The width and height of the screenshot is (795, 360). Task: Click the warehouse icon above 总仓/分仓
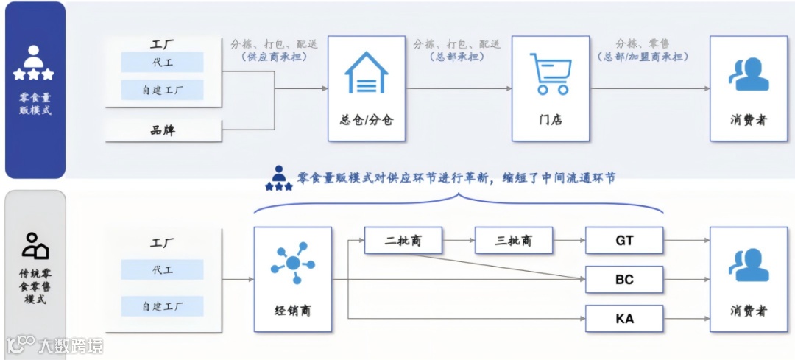367,73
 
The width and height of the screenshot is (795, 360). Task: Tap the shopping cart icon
551,73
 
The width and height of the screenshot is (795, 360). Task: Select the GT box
624,240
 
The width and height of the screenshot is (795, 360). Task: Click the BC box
624,280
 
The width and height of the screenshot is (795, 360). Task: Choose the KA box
624,319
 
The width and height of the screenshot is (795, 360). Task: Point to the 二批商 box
403,240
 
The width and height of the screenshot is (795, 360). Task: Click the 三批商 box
514,240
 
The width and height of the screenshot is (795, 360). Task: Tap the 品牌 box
163,131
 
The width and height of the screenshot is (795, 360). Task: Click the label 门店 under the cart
551,119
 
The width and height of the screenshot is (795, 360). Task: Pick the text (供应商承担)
274,57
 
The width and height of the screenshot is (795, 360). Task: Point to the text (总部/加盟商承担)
643,57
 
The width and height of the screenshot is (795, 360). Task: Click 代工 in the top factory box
163,63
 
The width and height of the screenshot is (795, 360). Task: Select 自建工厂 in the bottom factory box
163,306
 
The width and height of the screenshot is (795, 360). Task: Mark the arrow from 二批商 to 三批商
459,240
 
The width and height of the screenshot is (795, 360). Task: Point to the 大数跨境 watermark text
70,345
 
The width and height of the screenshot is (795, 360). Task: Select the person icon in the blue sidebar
34,63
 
